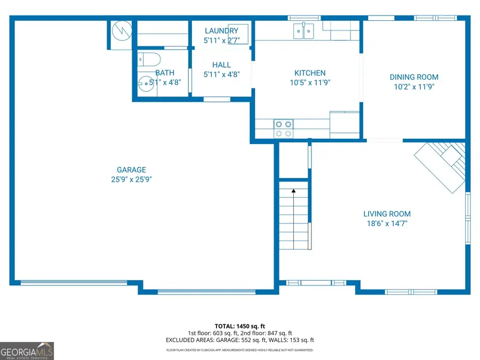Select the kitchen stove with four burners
click(283, 129)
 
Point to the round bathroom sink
click(145, 83)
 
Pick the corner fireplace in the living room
click(441, 166)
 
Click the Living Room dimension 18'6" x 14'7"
click(387, 223)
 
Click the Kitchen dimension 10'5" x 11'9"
click(310, 83)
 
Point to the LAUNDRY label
click(221, 31)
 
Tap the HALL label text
click(221, 65)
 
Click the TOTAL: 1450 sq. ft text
click(240, 325)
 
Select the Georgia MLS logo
click(27, 351)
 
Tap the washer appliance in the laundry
click(238, 30)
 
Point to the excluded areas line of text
click(240, 340)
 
